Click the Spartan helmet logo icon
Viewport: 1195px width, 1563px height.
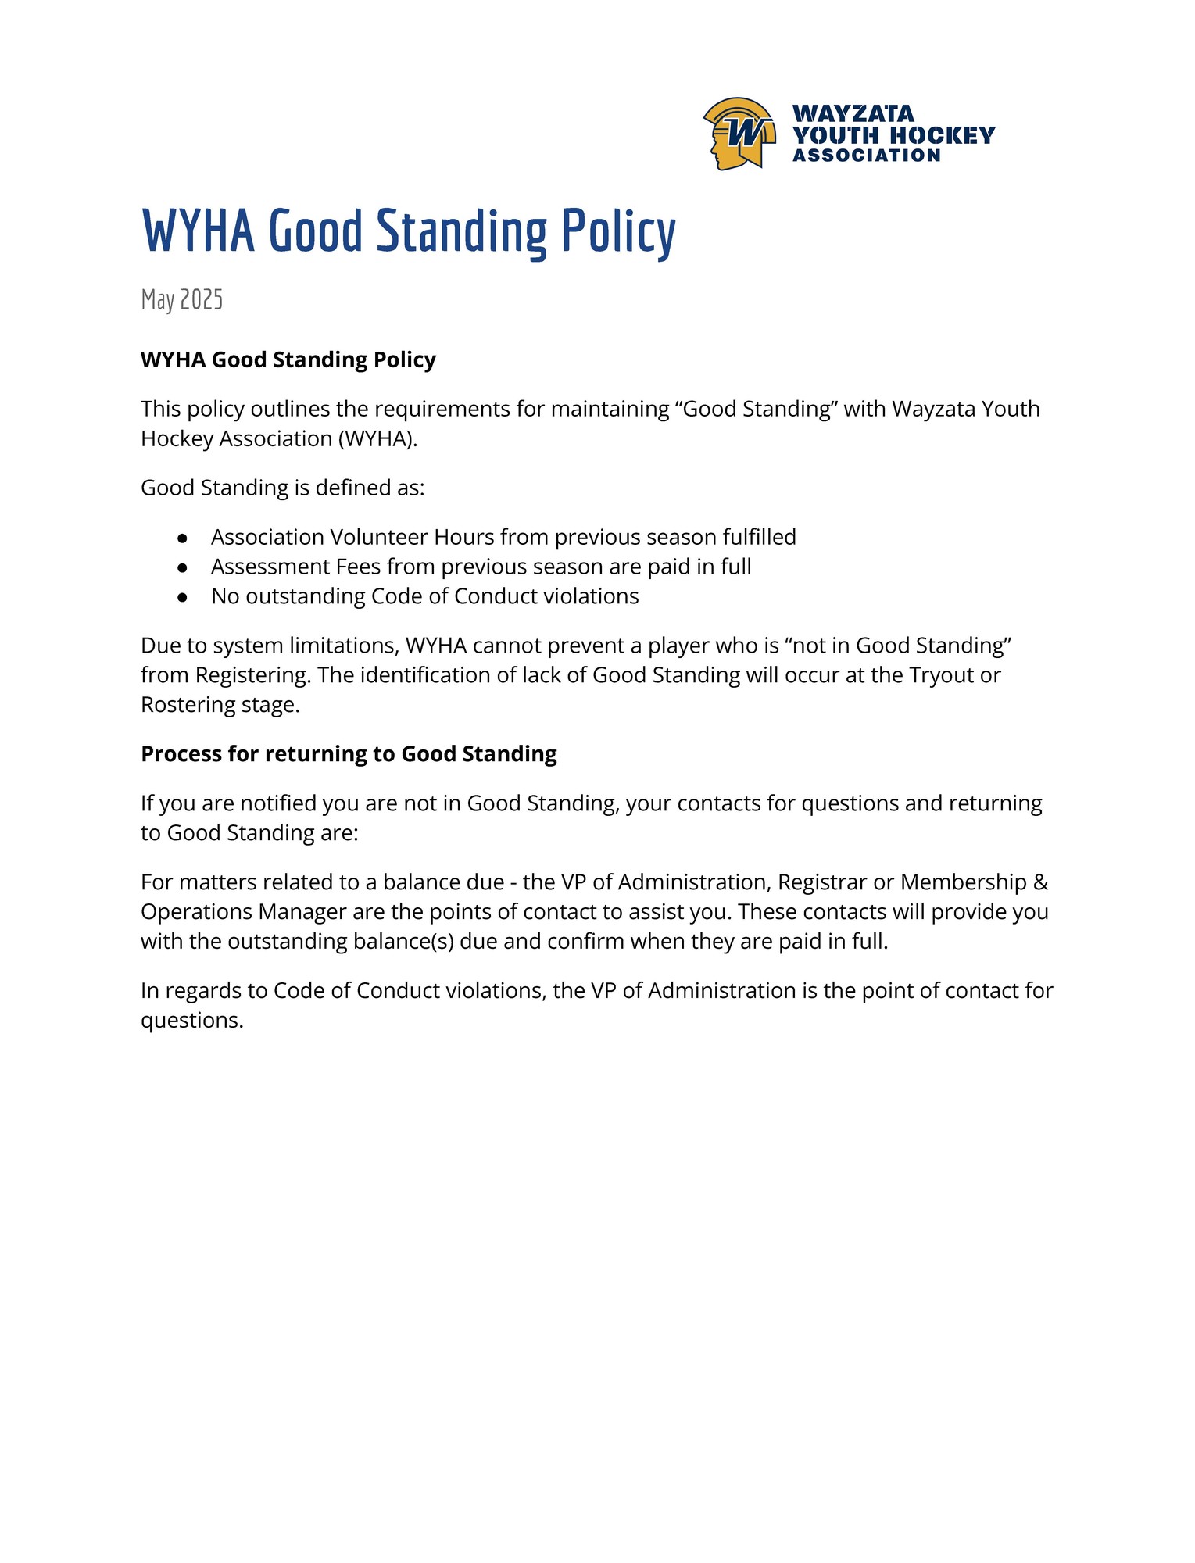point(739,133)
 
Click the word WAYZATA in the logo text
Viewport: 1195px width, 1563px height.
point(853,114)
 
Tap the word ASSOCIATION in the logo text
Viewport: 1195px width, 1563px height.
point(866,156)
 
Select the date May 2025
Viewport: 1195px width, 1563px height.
point(182,299)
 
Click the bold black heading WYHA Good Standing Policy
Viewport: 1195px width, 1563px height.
point(288,359)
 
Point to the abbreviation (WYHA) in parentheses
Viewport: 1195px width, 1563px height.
point(377,438)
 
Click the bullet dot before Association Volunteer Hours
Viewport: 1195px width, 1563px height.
point(182,538)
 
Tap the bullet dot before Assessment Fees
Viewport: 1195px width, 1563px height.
point(182,567)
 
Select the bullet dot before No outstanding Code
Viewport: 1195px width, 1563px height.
point(182,597)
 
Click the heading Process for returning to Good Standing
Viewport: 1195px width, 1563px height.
point(349,754)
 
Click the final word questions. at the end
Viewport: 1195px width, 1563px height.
point(192,1020)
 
